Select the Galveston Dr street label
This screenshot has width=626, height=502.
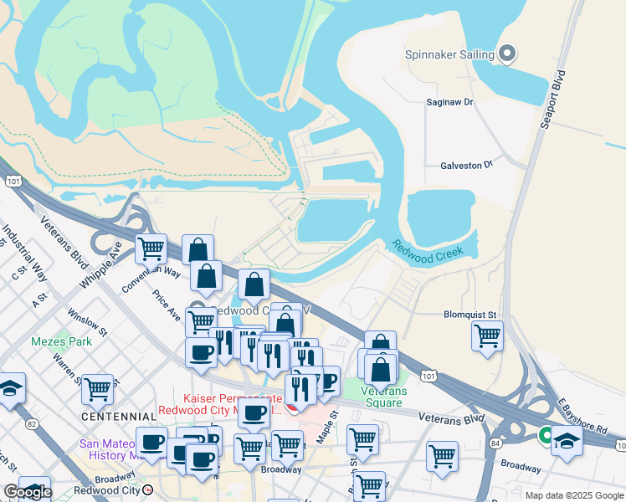click(x=467, y=166)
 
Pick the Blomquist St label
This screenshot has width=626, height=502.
click(x=469, y=315)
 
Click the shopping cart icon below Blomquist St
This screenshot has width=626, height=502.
click(x=487, y=336)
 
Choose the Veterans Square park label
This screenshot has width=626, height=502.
click(x=384, y=397)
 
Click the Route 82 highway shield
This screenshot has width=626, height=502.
click(x=32, y=424)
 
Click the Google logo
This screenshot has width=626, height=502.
click(x=28, y=491)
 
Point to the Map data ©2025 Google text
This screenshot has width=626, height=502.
click(x=573, y=495)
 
